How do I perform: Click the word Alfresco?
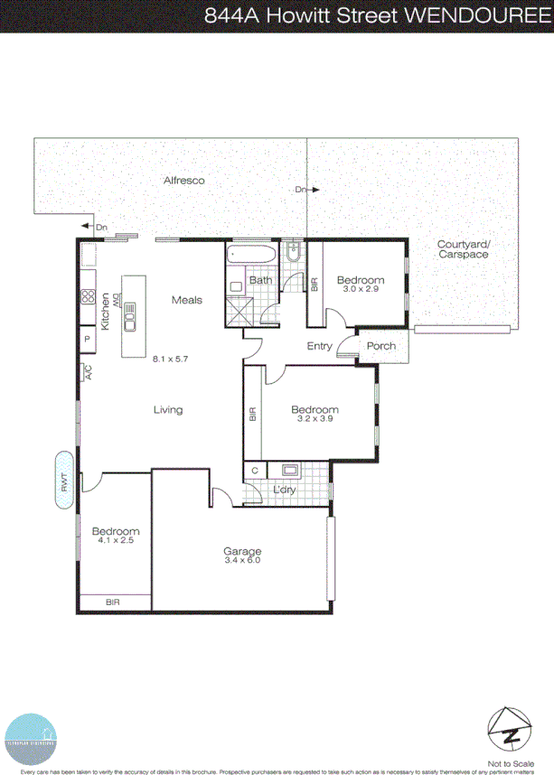tap(183, 181)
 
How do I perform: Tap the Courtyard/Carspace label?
tap(463, 250)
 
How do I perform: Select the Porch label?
tap(380, 346)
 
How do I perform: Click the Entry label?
tap(320, 346)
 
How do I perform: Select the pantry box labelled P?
tap(88, 339)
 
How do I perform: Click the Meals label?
tap(187, 300)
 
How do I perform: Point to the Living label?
tap(168, 410)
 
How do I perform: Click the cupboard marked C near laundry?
tap(255, 470)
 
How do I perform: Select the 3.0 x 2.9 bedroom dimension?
tap(361, 290)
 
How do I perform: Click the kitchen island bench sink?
tap(129, 316)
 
